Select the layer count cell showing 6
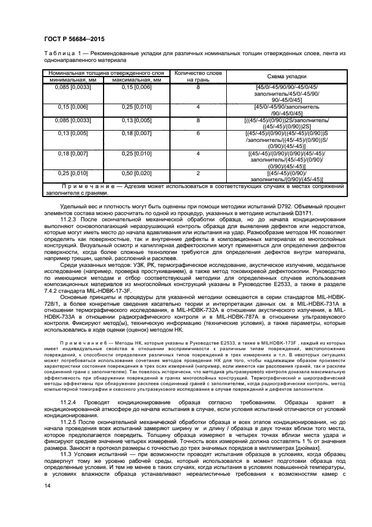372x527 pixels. click(198, 133)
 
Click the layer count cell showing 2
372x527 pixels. click(198, 174)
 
